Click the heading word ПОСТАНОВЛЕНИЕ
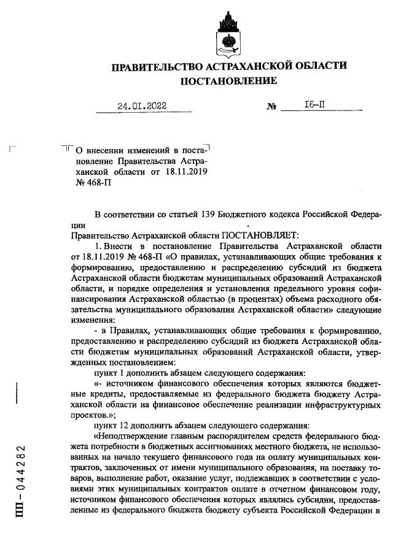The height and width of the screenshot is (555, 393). click(x=228, y=81)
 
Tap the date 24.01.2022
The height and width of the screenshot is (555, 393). click(x=142, y=106)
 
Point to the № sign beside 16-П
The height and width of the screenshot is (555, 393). click(x=273, y=107)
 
